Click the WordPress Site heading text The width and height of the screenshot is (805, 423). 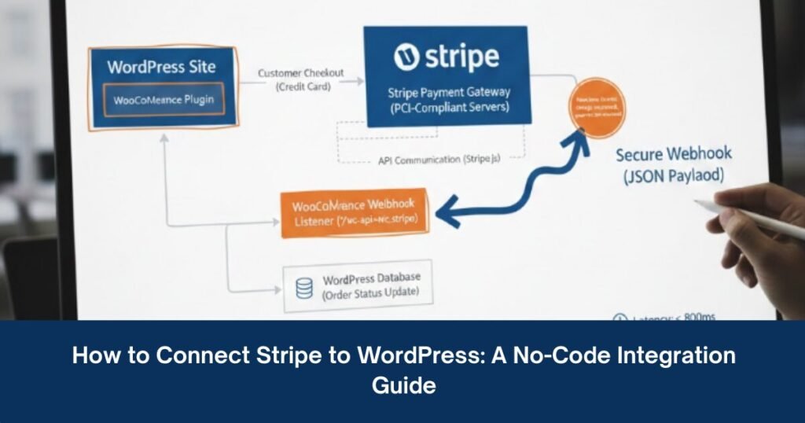(162, 67)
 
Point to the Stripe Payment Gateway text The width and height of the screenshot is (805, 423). (447, 93)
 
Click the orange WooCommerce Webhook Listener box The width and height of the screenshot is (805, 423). (355, 213)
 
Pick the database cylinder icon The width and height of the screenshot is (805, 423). (303, 287)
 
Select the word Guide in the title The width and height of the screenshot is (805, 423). (403, 384)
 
